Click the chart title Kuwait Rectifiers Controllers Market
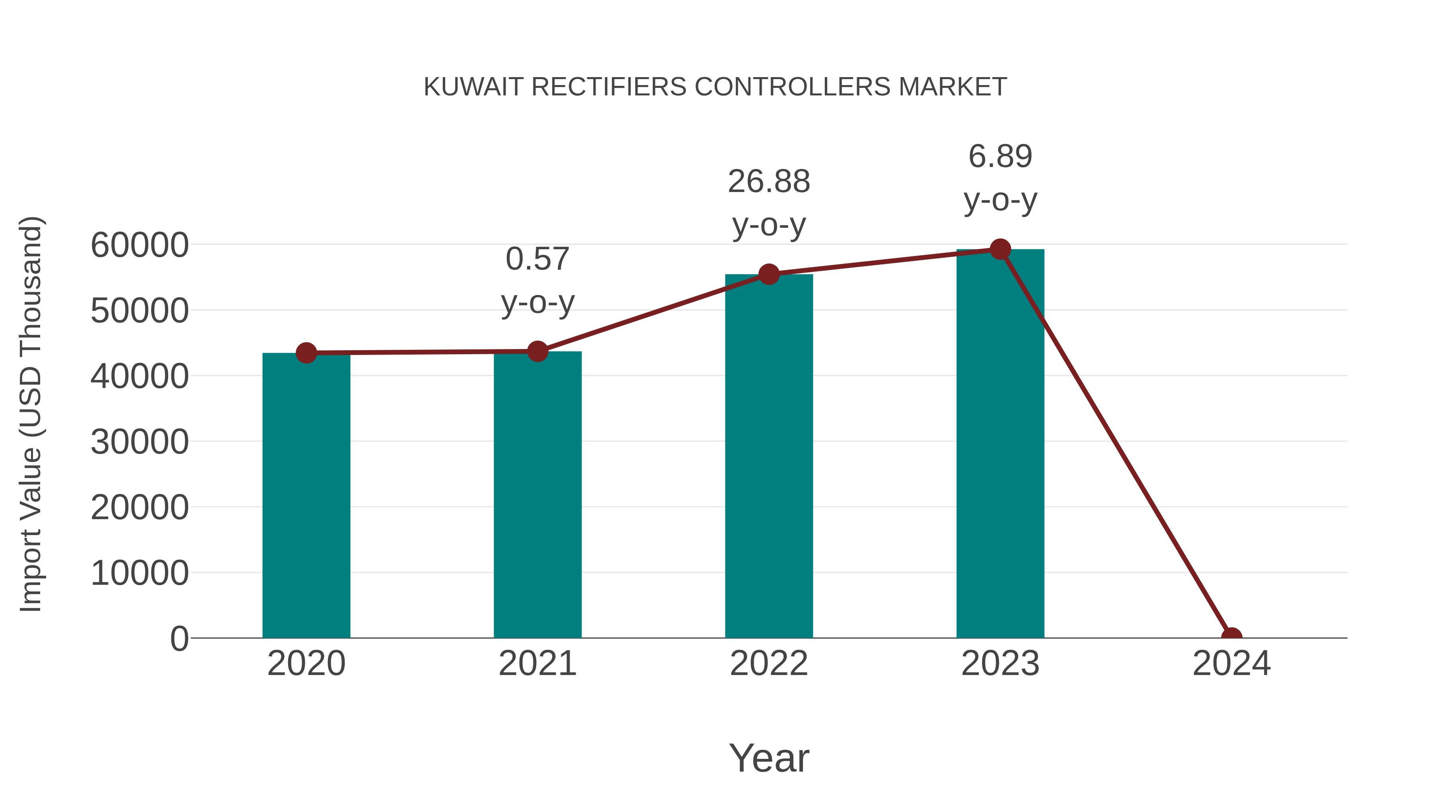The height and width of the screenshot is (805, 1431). tap(715, 87)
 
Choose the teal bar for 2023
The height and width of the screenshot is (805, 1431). tap(1000, 444)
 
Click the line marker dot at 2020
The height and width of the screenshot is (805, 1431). tap(306, 353)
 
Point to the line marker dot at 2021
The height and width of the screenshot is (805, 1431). tap(537, 351)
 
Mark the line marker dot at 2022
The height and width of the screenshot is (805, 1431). tap(769, 274)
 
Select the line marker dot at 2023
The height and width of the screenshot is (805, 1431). tap(1000, 249)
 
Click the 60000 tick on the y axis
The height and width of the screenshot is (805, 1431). tap(140, 245)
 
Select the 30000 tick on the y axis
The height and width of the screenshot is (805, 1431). tap(140, 442)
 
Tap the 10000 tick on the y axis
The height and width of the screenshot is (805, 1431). tap(140, 573)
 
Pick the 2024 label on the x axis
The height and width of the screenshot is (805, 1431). tap(1231, 663)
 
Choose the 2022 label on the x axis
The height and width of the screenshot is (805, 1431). tap(769, 663)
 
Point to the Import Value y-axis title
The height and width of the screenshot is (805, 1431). tap(31, 414)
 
